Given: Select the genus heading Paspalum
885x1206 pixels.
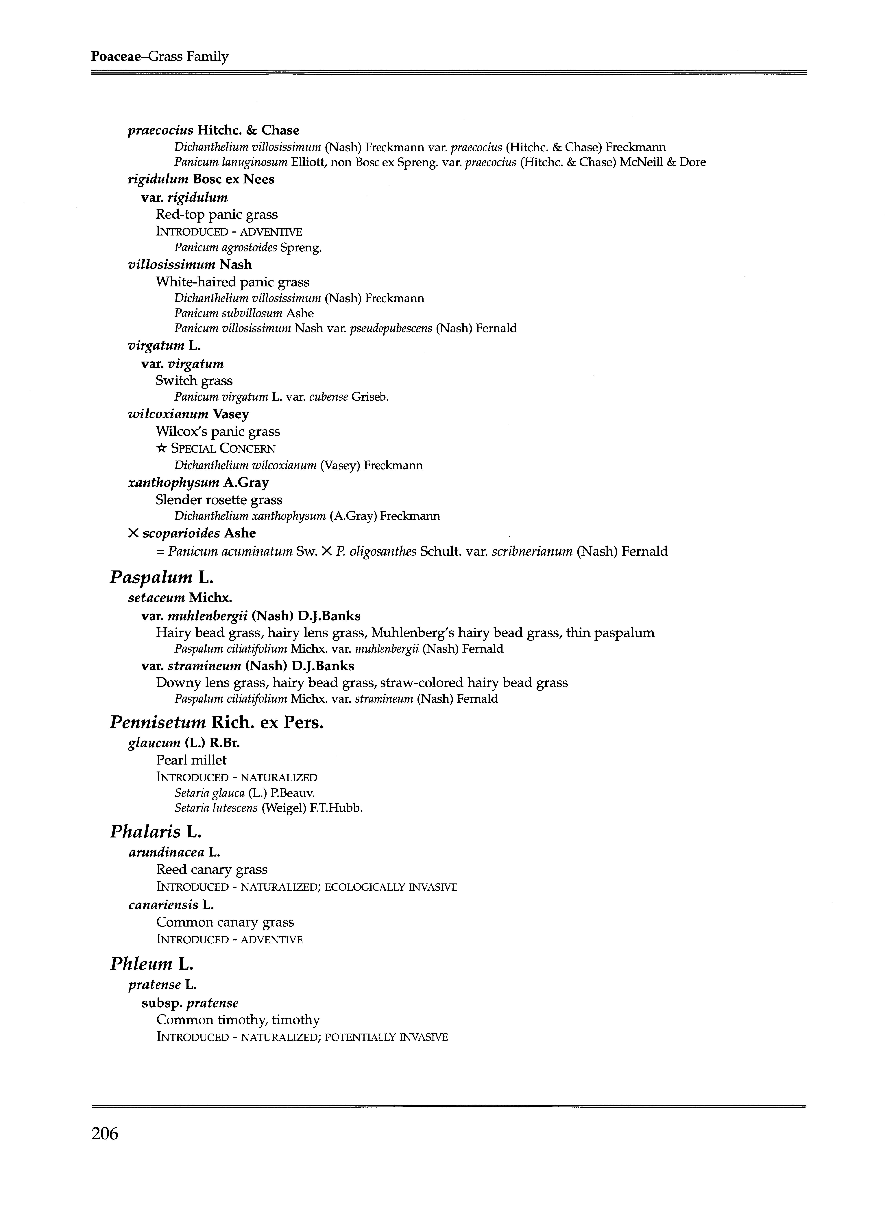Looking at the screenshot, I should [x=151, y=578].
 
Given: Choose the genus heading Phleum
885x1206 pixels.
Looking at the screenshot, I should [x=141, y=964].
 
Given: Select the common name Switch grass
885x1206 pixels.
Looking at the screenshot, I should [x=194, y=381].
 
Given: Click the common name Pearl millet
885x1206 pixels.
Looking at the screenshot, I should [x=191, y=760].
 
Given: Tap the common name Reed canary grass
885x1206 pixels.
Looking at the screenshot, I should [x=212, y=870].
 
